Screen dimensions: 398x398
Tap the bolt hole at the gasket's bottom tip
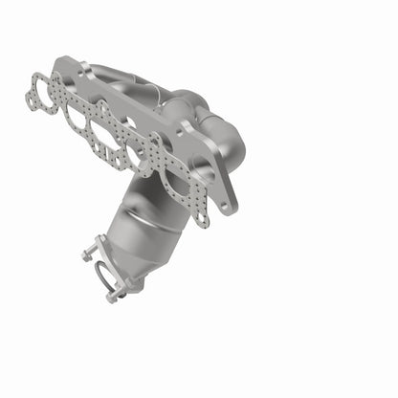coord(200,221)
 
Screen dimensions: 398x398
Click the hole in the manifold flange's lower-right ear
coord(228,202)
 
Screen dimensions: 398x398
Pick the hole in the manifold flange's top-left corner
coord(62,66)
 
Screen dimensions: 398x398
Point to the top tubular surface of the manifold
coord(134,77)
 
